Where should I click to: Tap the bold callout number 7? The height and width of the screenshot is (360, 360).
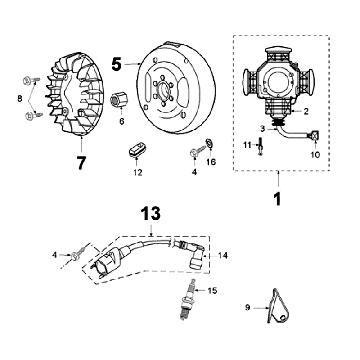(x=81, y=162)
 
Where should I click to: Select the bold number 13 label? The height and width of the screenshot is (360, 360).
(x=150, y=214)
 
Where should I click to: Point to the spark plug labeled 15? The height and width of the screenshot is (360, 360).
(x=189, y=299)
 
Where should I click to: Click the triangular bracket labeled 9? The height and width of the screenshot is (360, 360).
(x=279, y=306)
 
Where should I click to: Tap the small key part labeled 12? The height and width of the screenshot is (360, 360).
(x=137, y=149)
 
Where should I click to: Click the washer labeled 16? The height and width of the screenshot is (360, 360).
(x=210, y=143)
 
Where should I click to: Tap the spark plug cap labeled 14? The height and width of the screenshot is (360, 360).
(x=194, y=255)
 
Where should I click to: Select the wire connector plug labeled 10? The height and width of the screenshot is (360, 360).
(x=315, y=135)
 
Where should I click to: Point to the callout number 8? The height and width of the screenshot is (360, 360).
(x=20, y=98)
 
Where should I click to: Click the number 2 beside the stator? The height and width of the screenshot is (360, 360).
(x=306, y=112)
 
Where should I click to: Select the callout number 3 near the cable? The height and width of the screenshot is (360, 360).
(x=262, y=129)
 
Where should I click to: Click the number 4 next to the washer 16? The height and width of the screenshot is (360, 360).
(x=194, y=172)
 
